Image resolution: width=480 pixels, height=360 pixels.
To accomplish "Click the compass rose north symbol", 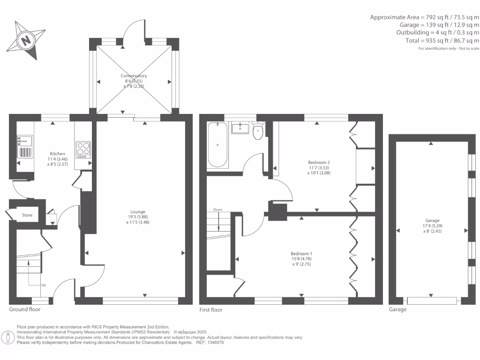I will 26,40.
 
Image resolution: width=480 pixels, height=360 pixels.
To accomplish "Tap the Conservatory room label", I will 134,76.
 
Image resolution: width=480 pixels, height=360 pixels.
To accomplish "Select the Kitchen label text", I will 58,154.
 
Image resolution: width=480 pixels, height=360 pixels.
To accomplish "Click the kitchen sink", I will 24,140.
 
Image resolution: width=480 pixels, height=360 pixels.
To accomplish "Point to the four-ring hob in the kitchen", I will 83,149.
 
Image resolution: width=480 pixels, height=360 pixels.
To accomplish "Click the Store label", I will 28,216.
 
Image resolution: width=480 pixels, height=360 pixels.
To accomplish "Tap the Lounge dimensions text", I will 138,219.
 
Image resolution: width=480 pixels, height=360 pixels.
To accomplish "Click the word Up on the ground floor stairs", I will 44,285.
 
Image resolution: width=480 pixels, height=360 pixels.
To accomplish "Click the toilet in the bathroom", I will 258,132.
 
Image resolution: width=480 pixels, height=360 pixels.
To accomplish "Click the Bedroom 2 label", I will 315,162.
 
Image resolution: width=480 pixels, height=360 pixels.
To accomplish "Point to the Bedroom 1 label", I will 302,253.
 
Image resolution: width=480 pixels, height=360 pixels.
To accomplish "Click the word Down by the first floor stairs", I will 217,210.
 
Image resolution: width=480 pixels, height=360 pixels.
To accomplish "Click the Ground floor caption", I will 25,309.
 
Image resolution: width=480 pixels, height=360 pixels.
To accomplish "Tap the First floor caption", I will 211,310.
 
